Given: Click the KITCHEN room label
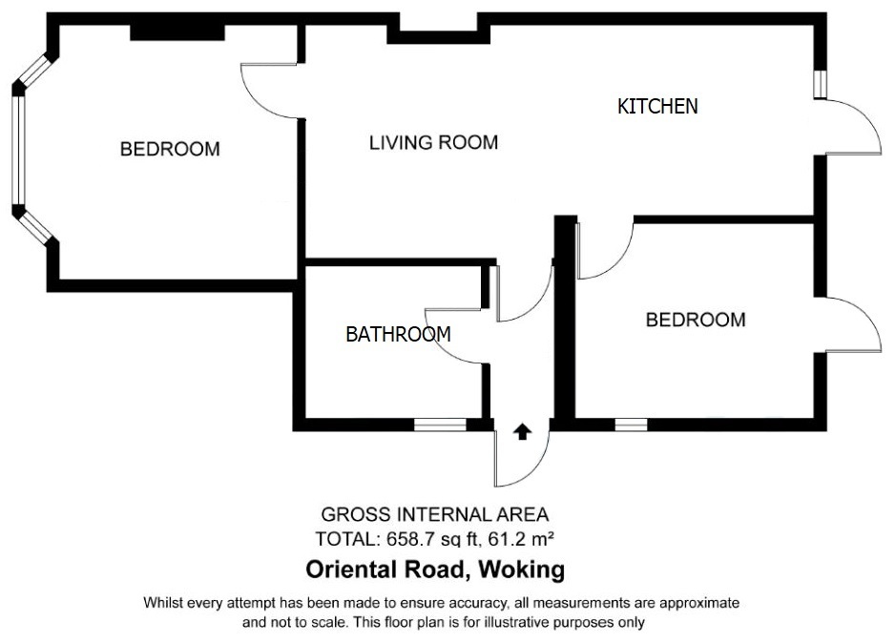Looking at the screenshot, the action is coord(657,107).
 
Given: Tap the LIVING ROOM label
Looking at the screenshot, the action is coord(434,143).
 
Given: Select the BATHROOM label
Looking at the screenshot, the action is coord(399,334).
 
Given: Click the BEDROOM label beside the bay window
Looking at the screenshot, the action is coord(170,150).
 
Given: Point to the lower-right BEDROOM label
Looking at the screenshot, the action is coord(696,321).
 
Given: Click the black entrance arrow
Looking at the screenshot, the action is coord(522,432).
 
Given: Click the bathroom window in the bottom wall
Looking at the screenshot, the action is coord(440,425).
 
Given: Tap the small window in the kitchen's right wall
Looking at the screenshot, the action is coord(821,84).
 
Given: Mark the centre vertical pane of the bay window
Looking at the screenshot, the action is coord(19,150).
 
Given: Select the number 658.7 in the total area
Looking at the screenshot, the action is coord(406,539).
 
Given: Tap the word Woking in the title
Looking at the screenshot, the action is coord(522,570).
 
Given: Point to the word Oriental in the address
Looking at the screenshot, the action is coord(343,570).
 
